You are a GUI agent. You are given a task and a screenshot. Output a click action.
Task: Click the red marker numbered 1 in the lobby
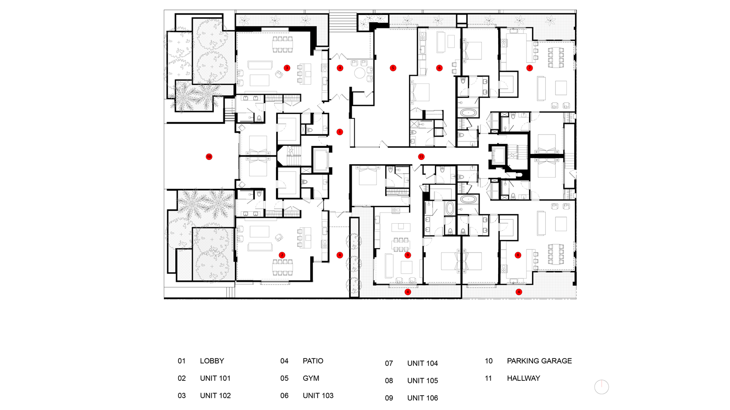coord(340,132)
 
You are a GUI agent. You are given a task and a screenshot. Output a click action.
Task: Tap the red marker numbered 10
coord(209,157)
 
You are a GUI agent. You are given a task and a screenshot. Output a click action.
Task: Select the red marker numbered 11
coord(421,157)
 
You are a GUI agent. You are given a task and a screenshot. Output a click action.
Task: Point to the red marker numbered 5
coord(393,68)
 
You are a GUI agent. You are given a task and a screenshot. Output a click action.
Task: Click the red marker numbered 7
coord(529,68)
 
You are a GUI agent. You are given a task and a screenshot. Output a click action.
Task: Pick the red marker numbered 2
coord(282,255)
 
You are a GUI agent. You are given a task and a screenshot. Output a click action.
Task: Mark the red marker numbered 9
coord(408,255)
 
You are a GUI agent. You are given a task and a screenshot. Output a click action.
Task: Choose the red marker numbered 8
coord(517,255)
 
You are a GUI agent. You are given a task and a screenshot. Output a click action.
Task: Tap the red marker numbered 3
coord(287,68)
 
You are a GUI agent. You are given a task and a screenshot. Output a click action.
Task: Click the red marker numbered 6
coord(439,68)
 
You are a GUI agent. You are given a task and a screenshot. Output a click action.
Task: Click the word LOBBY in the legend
coord(212,361)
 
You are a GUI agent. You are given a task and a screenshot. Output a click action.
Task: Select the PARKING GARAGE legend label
coord(539,361)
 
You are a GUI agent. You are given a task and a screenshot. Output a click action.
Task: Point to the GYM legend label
coord(311,378)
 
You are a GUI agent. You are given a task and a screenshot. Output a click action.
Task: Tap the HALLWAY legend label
coord(523,378)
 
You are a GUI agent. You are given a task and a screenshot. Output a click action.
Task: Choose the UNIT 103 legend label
coord(318,396)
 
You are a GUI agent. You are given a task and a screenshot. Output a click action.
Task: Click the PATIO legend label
coord(313,361)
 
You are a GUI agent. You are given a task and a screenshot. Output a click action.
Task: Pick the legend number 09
coord(389,398)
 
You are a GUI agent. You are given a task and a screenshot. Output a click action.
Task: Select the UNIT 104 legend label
coord(422,364)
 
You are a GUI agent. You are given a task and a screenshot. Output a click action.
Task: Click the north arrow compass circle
coord(601,387)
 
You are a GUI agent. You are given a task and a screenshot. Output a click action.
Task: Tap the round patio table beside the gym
coord(360,73)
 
